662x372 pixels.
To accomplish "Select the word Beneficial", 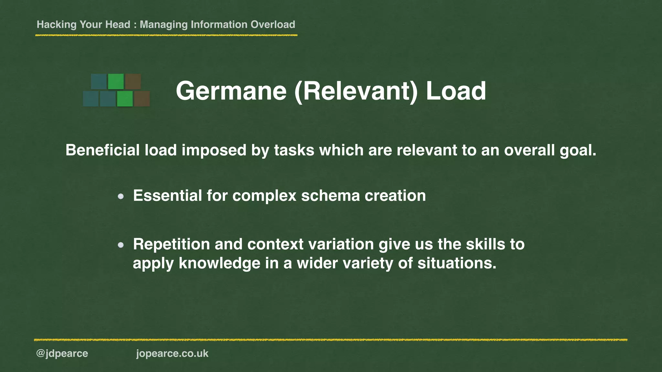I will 102,150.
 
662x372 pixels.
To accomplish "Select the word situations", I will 457,263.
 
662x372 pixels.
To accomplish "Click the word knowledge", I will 219,263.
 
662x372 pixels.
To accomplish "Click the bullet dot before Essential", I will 121,196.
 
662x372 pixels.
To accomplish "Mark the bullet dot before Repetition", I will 121,245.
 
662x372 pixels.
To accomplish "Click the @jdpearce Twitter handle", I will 62,354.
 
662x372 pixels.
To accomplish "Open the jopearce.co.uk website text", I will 172,354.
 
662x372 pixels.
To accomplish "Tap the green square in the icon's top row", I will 116,81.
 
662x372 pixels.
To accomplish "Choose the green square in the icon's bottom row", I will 125,98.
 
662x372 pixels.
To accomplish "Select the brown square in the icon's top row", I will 133,81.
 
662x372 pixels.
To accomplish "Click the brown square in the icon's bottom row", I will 142,98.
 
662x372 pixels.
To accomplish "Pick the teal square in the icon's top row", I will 99,81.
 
